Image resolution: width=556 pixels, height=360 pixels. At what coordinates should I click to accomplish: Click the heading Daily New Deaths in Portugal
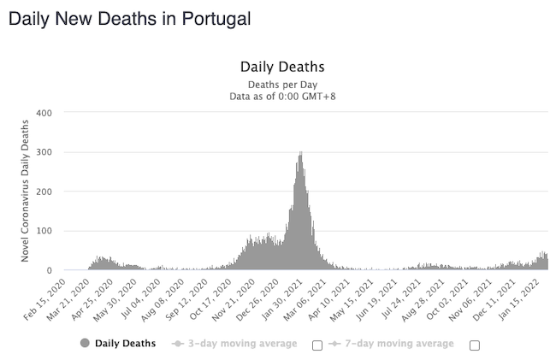[129, 18]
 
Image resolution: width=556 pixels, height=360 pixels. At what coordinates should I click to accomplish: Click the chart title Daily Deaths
[281, 67]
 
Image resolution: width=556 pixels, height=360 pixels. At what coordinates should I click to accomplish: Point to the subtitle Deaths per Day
[281, 85]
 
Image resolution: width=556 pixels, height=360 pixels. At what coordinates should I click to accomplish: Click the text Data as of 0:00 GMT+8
[281, 97]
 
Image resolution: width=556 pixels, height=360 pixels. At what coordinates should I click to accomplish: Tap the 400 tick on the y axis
[44, 113]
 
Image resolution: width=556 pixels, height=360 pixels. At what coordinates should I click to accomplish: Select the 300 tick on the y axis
[44, 152]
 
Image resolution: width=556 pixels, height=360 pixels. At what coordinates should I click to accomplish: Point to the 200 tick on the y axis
[44, 192]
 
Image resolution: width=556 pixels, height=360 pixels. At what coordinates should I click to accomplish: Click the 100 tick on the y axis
[44, 231]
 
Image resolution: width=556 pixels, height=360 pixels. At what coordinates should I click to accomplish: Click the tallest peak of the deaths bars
[300, 154]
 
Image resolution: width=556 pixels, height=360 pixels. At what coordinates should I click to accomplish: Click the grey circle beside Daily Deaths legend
[85, 344]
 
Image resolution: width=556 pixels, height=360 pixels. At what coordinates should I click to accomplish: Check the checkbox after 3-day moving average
[317, 345]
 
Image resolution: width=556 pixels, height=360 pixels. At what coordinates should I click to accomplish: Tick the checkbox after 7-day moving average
[475, 345]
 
